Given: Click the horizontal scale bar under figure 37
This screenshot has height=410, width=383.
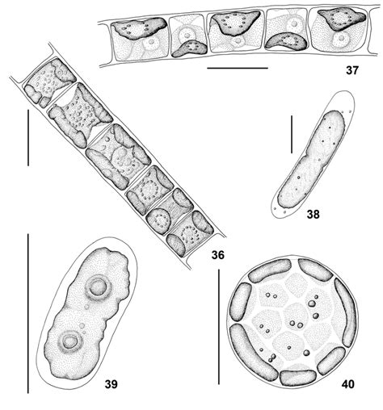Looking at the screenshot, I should tap(237, 69).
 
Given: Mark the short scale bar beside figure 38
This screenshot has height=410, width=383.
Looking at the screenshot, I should tap(291, 136).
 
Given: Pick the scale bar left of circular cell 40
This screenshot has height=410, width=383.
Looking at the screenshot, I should tap(218, 327).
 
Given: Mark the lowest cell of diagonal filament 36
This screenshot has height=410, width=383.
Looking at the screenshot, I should tap(191, 239).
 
